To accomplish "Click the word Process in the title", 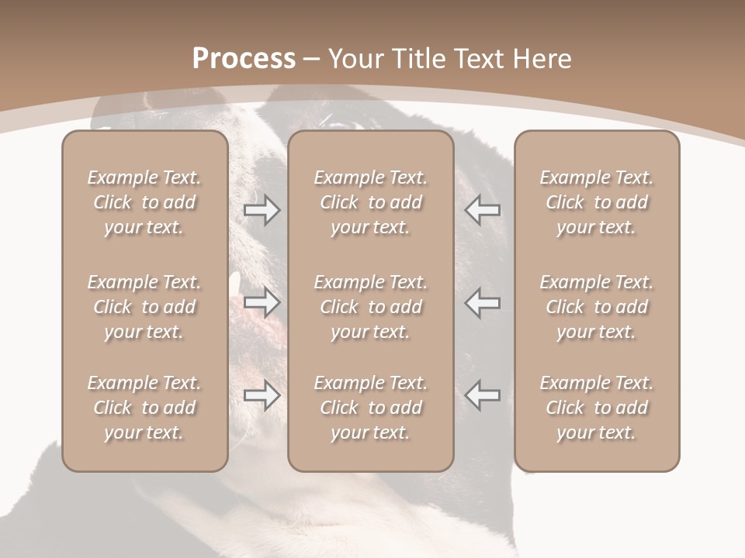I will (x=244, y=59).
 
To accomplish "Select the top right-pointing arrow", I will (x=262, y=210).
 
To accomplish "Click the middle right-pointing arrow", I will (x=262, y=303).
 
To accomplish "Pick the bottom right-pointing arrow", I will (x=262, y=395).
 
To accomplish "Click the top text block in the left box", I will (x=144, y=202).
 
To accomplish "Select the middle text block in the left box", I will (x=144, y=307).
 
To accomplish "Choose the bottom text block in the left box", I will (x=144, y=408).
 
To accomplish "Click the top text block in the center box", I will (x=370, y=202).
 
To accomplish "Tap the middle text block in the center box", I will (x=370, y=307).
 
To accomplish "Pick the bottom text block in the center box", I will (x=370, y=408).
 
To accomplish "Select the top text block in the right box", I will (x=596, y=202).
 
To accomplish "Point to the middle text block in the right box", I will (x=596, y=307).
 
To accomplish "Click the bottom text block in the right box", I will (x=596, y=408).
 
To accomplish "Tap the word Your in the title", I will (x=355, y=59).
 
